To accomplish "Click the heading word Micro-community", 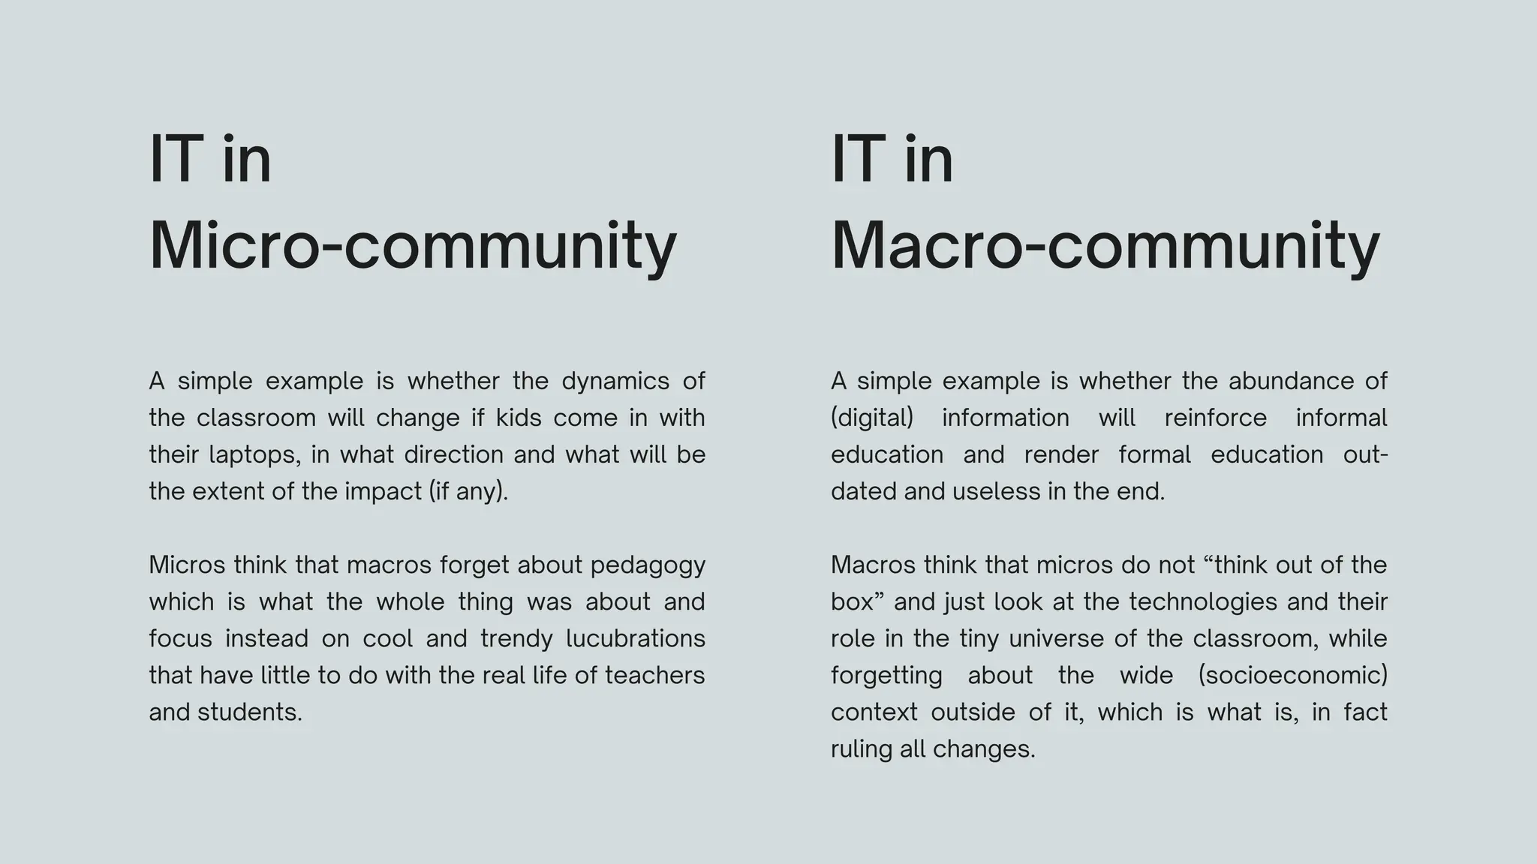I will tap(413, 246).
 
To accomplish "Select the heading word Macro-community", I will tap(1105, 246).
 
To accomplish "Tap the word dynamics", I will tap(615, 382).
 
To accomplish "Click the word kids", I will tap(519, 418).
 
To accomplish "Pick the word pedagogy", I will tap(648, 565).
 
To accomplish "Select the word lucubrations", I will tap(635, 639).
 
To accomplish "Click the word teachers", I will tap(654, 676).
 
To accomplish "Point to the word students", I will tap(249, 712).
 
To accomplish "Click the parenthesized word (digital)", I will tap(872, 418).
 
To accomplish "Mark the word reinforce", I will tap(1215, 418).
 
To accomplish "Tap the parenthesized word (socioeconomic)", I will tap(1292, 676).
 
